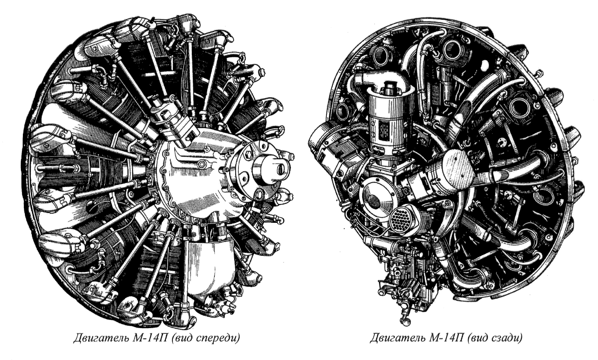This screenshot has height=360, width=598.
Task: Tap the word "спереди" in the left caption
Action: click(x=217, y=339)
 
